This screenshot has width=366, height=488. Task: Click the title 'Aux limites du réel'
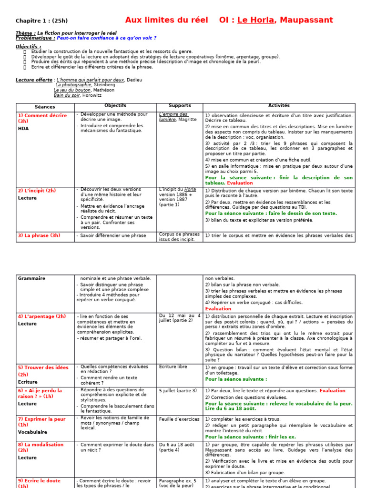[x=166, y=20]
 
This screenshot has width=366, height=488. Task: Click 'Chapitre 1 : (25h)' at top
[x=41, y=21]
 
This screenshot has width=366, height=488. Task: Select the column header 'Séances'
[x=45, y=107]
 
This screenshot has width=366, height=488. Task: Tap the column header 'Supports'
[x=180, y=106]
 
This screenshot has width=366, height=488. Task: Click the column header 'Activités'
[x=279, y=106]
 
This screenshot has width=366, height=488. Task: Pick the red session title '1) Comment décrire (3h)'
[x=42, y=118]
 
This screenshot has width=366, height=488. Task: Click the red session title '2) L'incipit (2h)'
[x=37, y=191]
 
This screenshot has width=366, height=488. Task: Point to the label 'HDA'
[x=23, y=128]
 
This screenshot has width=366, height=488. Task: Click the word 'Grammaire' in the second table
[x=31, y=278]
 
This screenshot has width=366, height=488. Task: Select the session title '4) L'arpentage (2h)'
[x=42, y=316]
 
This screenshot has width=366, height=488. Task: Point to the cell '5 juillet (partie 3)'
[x=178, y=391]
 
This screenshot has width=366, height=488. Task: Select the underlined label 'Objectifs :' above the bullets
[x=29, y=46]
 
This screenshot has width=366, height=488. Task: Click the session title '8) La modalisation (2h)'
[x=41, y=447]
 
